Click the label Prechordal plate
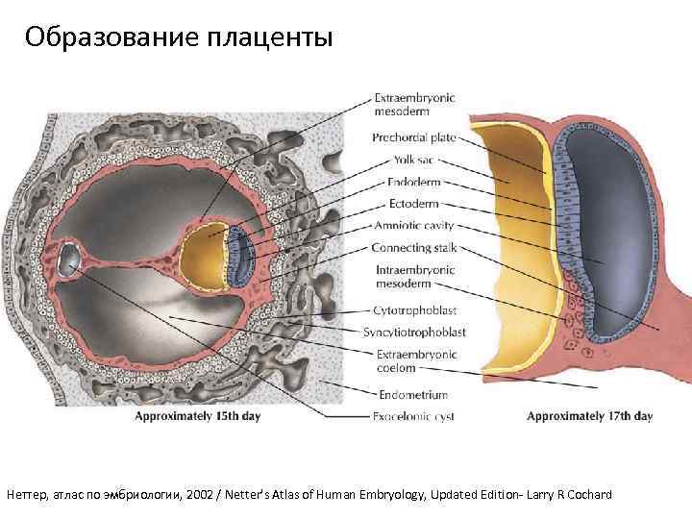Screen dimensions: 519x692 (414, 137)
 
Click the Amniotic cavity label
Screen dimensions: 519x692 (412, 226)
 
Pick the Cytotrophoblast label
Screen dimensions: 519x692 (414, 310)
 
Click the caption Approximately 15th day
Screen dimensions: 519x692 (197, 416)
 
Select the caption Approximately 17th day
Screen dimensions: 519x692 (589, 416)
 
